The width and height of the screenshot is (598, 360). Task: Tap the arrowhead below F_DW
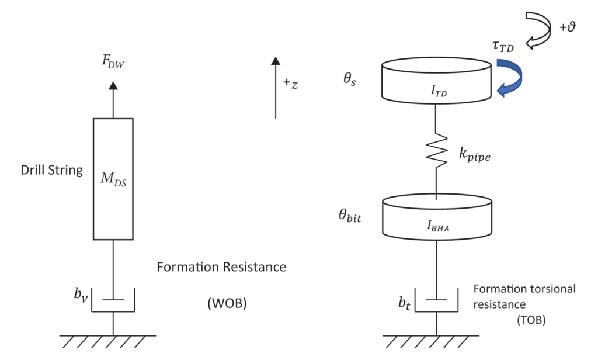click(113, 85)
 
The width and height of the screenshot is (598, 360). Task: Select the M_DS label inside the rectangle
click(113, 179)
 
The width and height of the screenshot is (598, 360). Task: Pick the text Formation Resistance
click(222, 268)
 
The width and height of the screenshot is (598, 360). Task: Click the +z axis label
click(291, 84)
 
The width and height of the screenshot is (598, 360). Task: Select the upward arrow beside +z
click(275, 88)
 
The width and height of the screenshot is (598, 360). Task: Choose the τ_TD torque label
click(502, 47)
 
